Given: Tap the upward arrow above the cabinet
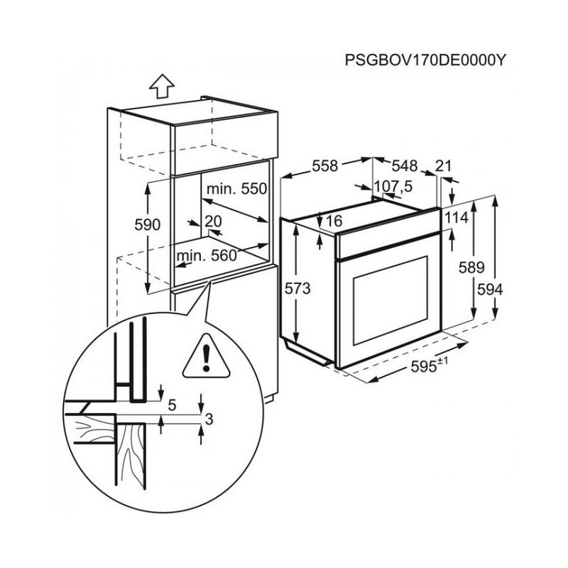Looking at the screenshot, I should coord(163,86).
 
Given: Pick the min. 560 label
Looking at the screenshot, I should coord(206,256).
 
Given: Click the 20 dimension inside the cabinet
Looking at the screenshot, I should coord(213,221).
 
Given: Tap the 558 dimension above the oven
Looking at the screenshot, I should coord(324,165).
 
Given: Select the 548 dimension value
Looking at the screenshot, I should coord(403,165).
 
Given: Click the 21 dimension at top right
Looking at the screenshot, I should coord(443,165).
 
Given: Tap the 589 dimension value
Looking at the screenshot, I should coord(471,268).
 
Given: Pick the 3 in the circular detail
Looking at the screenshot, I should coord(208,420).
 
